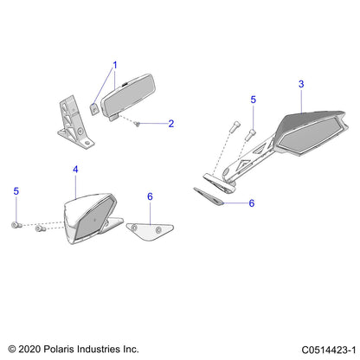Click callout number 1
113,65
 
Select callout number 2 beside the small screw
170,124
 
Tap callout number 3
300,84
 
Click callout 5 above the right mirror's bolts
254,100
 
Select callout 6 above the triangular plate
150,196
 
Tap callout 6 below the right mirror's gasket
252,203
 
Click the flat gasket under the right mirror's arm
209,196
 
